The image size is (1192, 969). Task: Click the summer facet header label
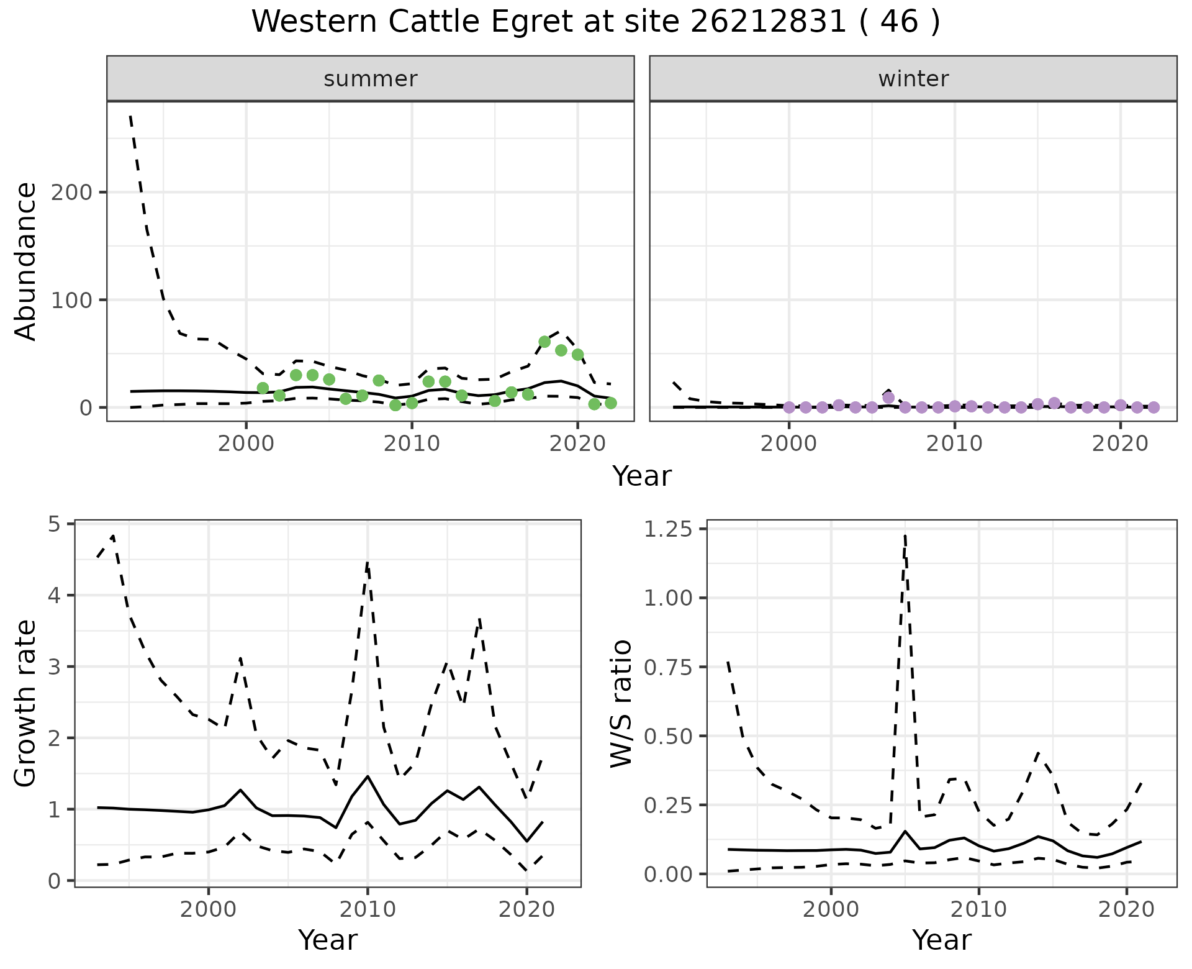(371, 79)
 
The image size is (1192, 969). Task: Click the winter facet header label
(913, 79)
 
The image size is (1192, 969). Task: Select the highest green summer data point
(544, 342)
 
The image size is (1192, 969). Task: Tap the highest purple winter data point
(888, 398)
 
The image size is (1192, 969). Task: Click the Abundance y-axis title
(26, 261)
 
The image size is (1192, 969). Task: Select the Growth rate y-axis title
(26, 704)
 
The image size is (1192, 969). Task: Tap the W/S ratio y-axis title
(621, 704)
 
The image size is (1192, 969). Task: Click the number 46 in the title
(899, 22)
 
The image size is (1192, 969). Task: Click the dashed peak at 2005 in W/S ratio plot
(905, 535)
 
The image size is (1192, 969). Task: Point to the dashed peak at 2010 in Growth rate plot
(368, 563)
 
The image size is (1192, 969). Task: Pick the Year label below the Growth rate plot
(328, 940)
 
